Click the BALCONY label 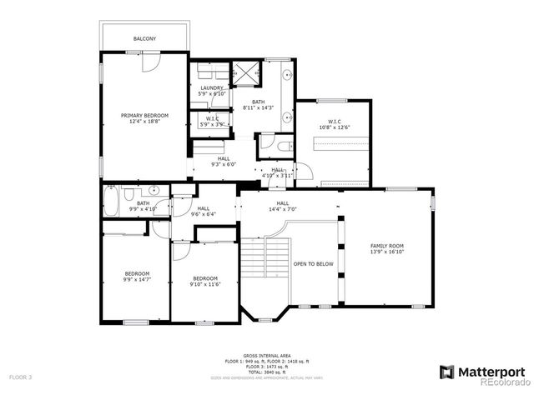click(x=144, y=39)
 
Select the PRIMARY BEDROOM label click(x=144, y=115)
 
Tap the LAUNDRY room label click(x=211, y=87)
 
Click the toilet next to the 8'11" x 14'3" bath click(x=282, y=146)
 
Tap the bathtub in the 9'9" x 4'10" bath click(x=113, y=202)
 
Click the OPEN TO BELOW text click(x=313, y=264)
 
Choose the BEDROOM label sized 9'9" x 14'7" click(x=137, y=274)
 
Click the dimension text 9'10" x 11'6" click(x=205, y=284)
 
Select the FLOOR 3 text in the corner click(x=20, y=377)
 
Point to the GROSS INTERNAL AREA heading click(x=267, y=354)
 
